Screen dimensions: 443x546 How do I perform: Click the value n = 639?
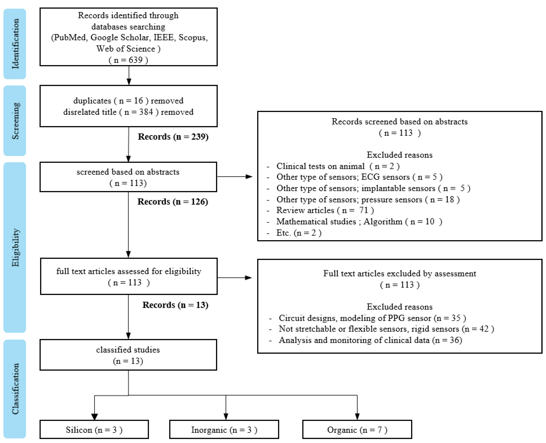[x=128, y=60]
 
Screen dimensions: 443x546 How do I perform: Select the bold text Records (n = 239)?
[x=173, y=137]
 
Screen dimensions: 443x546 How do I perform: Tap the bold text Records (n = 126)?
[x=173, y=202]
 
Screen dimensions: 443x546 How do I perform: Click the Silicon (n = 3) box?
[x=94, y=430]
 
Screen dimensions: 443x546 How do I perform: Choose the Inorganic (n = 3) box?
[x=224, y=430]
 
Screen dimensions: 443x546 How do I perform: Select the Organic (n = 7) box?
[x=357, y=430]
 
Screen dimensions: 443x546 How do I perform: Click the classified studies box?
[x=128, y=355]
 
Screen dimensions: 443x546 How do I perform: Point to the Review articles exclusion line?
[x=325, y=210]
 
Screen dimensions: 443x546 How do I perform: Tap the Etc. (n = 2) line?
[x=299, y=233]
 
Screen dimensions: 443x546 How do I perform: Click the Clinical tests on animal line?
[x=338, y=166]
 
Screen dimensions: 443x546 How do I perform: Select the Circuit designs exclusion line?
[x=372, y=318]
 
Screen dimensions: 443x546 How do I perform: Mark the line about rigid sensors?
[x=386, y=329]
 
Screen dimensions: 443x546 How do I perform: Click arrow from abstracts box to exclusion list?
[x=235, y=177]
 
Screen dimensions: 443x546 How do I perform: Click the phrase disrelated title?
[x=90, y=112]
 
